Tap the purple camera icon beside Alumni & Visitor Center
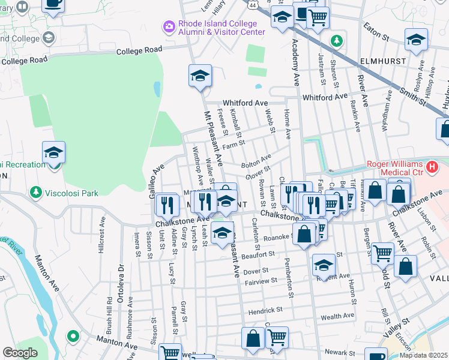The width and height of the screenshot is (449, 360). (169, 26)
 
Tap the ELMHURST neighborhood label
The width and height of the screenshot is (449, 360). (385, 61)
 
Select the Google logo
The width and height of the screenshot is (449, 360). (19, 353)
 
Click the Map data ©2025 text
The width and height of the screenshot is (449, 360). (424, 355)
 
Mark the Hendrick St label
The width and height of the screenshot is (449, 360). (265, 310)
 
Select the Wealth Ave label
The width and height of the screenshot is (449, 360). (338, 317)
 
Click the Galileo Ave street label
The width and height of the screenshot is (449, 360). (155, 178)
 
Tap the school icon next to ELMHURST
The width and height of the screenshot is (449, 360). (416, 41)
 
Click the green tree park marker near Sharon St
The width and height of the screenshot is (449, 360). (337, 41)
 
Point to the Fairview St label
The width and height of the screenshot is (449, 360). (261, 280)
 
